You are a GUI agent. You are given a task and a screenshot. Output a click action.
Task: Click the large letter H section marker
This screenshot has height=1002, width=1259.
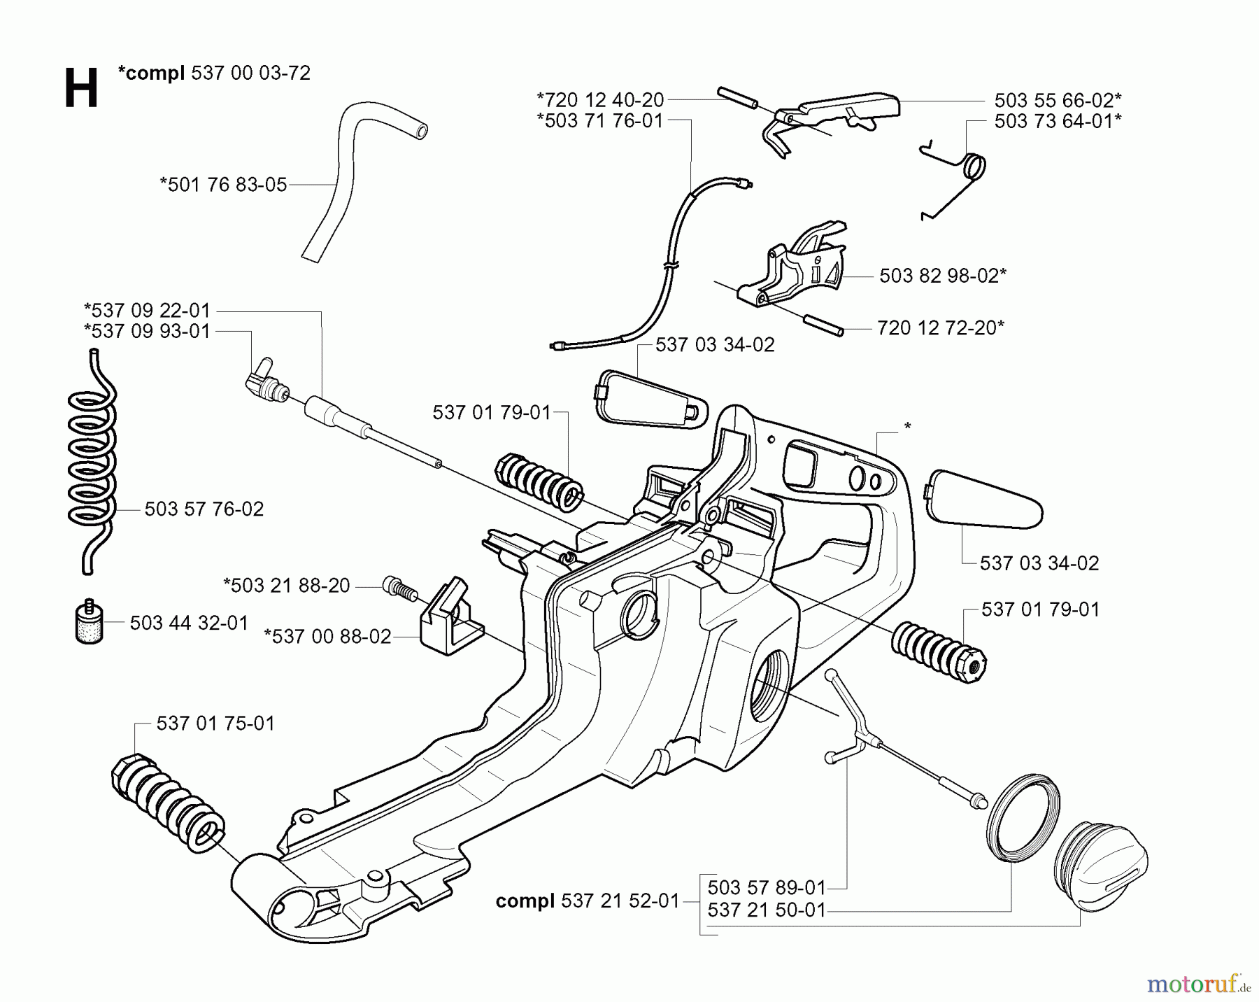tap(80, 89)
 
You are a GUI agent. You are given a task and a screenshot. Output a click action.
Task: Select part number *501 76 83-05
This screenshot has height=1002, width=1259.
tap(223, 185)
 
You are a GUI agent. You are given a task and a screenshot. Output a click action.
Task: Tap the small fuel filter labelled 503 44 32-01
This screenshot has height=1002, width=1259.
tap(90, 621)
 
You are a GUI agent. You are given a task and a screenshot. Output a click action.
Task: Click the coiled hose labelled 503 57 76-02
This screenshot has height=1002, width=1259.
tap(92, 462)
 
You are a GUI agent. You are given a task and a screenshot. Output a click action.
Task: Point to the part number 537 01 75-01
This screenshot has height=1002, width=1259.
tap(215, 723)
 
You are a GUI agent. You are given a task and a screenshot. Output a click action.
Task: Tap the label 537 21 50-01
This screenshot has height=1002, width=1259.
tap(767, 910)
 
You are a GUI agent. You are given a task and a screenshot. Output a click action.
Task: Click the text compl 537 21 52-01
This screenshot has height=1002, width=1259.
tap(588, 901)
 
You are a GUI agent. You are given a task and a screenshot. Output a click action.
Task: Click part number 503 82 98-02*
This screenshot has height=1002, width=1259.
tap(942, 276)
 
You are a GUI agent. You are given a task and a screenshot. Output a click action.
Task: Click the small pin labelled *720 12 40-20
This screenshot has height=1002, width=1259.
tap(737, 98)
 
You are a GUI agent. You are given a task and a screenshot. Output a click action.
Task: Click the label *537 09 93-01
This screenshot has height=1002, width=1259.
tap(147, 331)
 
